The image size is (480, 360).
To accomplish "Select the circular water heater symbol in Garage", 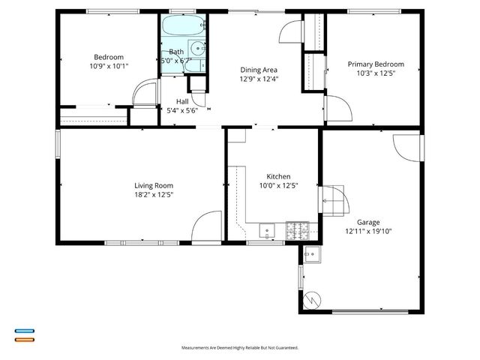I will (311, 300).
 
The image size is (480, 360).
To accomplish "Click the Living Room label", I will (154, 186).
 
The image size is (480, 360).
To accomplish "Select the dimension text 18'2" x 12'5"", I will (154, 195).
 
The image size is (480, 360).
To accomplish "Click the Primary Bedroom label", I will (376, 64).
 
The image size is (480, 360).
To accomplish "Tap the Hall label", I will (182, 101).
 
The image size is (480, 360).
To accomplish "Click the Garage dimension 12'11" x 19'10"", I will (368, 231).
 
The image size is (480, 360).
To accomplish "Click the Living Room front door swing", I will (205, 227).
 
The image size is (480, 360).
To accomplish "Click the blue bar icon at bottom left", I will (24, 331).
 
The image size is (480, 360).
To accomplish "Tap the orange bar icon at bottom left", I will (24, 339).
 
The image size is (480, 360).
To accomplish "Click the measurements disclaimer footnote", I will (240, 348).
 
